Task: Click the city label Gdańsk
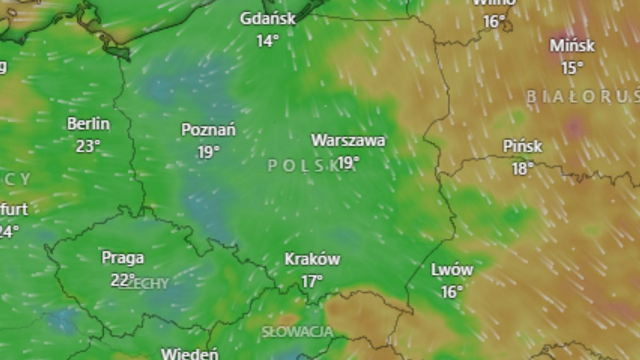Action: pos(268,19)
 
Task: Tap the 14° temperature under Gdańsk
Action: pos(268,41)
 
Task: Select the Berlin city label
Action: pos(89,124)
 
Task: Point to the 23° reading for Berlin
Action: pos(89,146)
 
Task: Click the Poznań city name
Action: pos(209,130)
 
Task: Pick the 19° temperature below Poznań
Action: pos(209,153)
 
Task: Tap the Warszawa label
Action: pos(348,141)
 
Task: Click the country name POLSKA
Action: pos(304,166)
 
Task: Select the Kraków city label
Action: pos(313,260)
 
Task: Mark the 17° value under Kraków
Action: pos(313,281)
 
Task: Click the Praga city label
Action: pos(123,258)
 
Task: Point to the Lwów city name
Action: pos(452,270)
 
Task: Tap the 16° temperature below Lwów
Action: pos(452,292)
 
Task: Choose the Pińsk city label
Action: pos(523,146)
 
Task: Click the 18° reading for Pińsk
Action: pos(523,169)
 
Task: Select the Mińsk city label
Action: pos(572,46)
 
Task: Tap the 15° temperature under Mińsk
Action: pos(572,68)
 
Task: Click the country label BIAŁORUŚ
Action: pos(583,97)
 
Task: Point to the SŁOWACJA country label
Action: pos(297,332)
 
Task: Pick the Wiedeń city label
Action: pos(190,354)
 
